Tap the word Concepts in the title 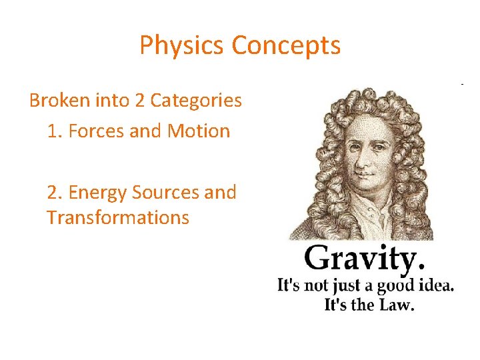(x=286, y=45)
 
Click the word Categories (x=196, y=101)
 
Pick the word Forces (x=97, y=131)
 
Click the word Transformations (x=118, y=217)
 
